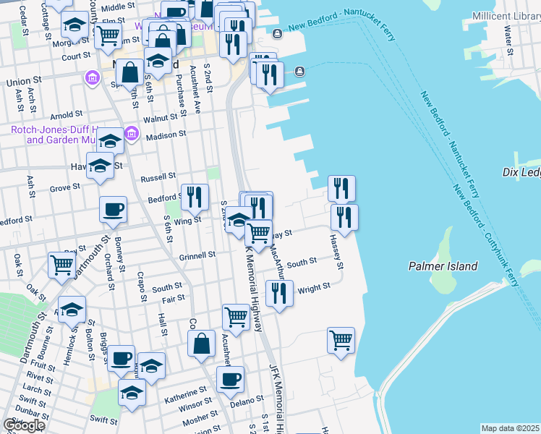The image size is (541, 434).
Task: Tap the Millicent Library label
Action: (x=506, y=16)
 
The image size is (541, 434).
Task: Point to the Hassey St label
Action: (x=336, y=250)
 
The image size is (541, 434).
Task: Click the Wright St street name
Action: (x=314, y=286)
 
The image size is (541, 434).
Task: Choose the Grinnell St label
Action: (x=197, y=255)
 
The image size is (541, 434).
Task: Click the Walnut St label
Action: (x=160, y=118)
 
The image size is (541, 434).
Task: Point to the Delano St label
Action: (x=247, y=399)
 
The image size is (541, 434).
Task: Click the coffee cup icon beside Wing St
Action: (x=113, y=210)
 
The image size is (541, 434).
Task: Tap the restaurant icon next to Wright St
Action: (x=279, y=294)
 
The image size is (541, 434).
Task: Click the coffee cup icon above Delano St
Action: (x=230, y=379)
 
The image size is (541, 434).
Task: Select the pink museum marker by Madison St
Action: (x=131, y=132)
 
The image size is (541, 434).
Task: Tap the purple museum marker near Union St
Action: (x=93, y=77)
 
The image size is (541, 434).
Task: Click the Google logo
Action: (x=24, y=425)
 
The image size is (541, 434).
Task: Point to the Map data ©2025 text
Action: (x=511, y=428)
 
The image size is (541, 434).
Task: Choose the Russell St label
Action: (x=158, y=176)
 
